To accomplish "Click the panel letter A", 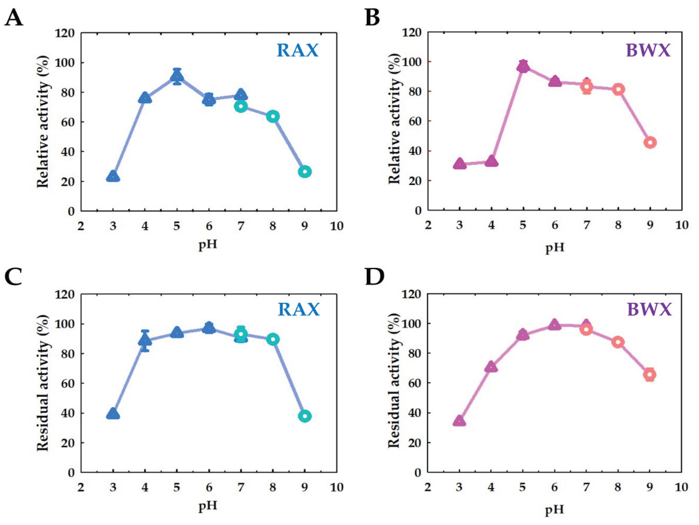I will (x=14, y=18).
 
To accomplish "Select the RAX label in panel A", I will (x=297, y=51).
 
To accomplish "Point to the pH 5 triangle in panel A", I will (x=177, y=77).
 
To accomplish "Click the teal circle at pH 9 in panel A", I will (x=305, y=172).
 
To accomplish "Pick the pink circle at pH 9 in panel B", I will (x=650, y=142).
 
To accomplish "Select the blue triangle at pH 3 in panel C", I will (x=113, y=414).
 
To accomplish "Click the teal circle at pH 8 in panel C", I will (x=273, y=339).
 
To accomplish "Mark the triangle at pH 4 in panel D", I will (x=491, y=367).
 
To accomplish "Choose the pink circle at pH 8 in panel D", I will (x=618, y=342).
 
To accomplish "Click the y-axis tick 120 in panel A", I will (x=65, y=33).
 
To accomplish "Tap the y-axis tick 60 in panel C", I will (x=68, y=383).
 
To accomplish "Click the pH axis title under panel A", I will (x=208, y=245).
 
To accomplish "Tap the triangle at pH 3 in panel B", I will (x=459, y=164).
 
